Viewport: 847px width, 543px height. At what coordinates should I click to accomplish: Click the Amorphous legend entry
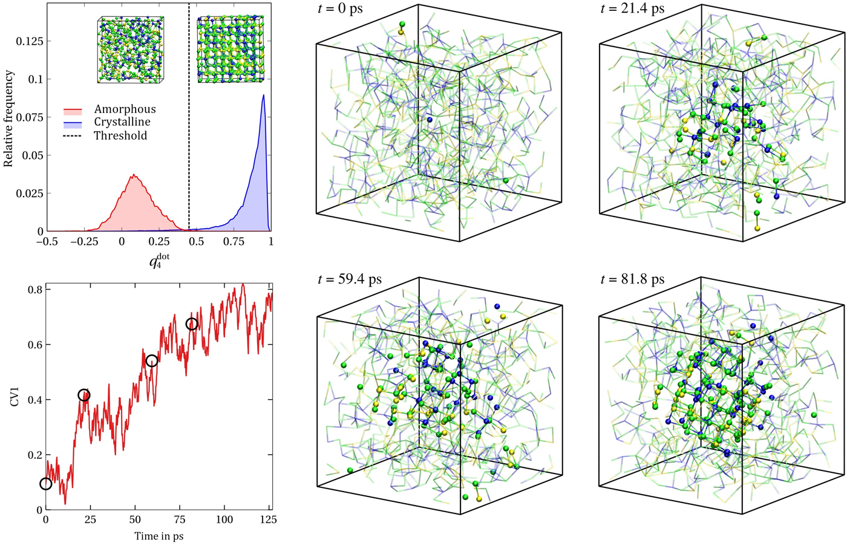pyautogui.click(x=125, y=109)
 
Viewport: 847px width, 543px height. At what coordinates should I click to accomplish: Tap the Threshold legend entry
pyautogui.click(x=120, y=135)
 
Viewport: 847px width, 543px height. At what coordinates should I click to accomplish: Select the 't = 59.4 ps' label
pyautogui.click(x=350, y=279)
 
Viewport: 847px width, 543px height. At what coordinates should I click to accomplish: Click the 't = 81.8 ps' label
pyautogui.click(x=632, y=279)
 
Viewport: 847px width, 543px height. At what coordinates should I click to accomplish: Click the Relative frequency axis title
pyautogui.click(x=8, y=119)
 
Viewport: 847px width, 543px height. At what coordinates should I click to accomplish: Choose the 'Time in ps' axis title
pyautogui.click(x=159, y=536)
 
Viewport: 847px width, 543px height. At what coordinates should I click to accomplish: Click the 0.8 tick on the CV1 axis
pyautogui.click(x=34, y=290)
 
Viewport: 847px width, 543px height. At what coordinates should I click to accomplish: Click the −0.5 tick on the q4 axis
pyautogui.click(x=47, y=241)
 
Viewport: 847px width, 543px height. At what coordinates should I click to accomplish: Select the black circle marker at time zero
pyautogui.click(x=46, y=484)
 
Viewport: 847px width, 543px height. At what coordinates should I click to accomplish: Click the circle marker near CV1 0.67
pyautogui.click(x=192, y=324)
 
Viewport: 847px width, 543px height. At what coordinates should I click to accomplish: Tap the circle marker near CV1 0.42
pyautogui.click(x=84, y=395)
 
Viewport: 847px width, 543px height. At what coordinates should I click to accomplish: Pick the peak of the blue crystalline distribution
pyautogui.click(x=263, y=95)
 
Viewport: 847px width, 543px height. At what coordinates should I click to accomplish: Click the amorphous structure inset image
pyautogui.click(x=131, y=50)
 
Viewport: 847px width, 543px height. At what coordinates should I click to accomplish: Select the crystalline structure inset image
pyautogui.click(x=231, y=49)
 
